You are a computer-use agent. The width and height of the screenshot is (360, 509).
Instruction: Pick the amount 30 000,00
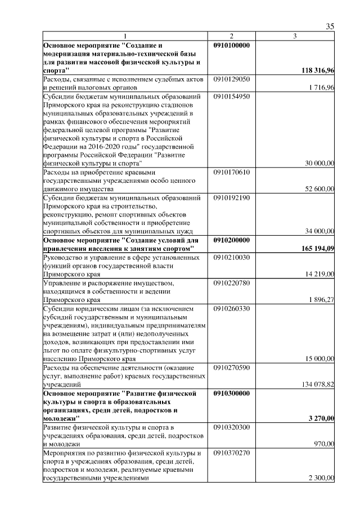click(x=319, y=163)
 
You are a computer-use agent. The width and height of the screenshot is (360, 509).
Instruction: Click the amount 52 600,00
click(x=319, y=189)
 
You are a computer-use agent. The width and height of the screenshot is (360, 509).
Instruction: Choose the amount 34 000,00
click(x=319, y=231)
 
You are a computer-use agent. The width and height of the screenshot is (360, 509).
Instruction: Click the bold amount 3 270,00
click(x=321, y=418)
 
